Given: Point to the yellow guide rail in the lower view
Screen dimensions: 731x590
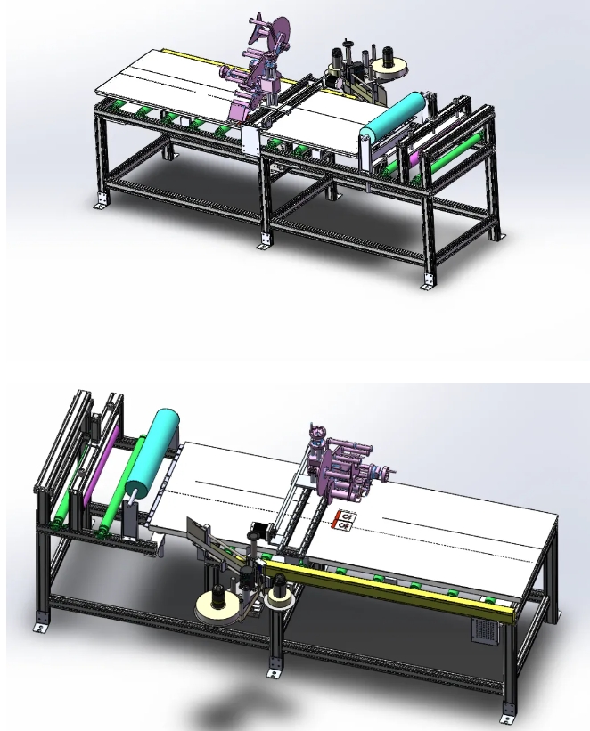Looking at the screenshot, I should click(x=392, y=583).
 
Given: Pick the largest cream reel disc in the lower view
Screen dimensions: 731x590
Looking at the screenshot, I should click(x=218, y=608).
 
